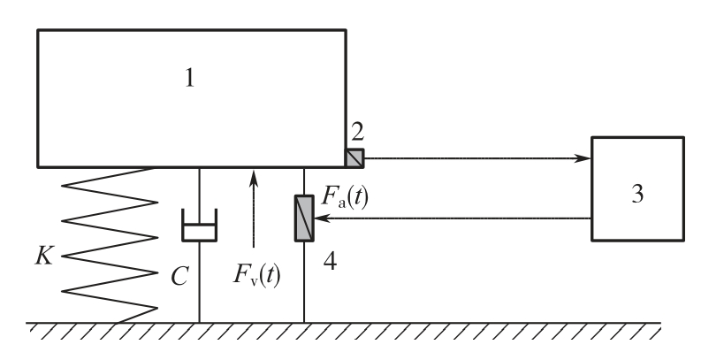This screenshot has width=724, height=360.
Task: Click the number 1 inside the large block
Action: pyautogui.click(x=189, y=78)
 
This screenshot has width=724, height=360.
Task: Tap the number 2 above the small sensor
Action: pyautogui.click(x=358, y=132)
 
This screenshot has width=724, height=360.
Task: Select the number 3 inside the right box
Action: pyautogui.click(x=637, y=194)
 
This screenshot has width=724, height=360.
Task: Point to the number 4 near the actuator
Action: pyautogui.click(x=330, y=262)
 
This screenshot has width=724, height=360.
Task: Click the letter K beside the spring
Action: pyautogui.click(x=44, y=255)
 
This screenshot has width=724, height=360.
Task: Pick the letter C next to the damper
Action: pyautogui.click(x=179, y=277)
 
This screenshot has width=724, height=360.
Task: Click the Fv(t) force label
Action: pyautogui.click(x=256, y=274)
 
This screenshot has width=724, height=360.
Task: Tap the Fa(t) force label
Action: pyautogui.click(x=345, y=196)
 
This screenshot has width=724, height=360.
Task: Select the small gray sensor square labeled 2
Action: pyautogui.click(x=354, y=158)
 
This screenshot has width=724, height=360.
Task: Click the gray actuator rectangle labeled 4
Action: pyautogui.click(x=304, y=218)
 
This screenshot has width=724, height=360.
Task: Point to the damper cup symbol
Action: pyautogui.click(x=200, y=225)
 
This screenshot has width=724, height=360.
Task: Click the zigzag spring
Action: pyautogui.click(x=110, y=245)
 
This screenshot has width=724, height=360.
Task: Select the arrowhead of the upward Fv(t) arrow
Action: pyautogui.click(x=254, y=179)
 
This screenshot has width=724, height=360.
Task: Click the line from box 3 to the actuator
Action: pyautogui.click(x=453, y=218)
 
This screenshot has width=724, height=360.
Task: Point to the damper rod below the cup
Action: pyautogui.click(x=200, y=282)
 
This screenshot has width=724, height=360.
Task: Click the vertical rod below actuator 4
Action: pyautogui.click(x=304, y=282)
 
